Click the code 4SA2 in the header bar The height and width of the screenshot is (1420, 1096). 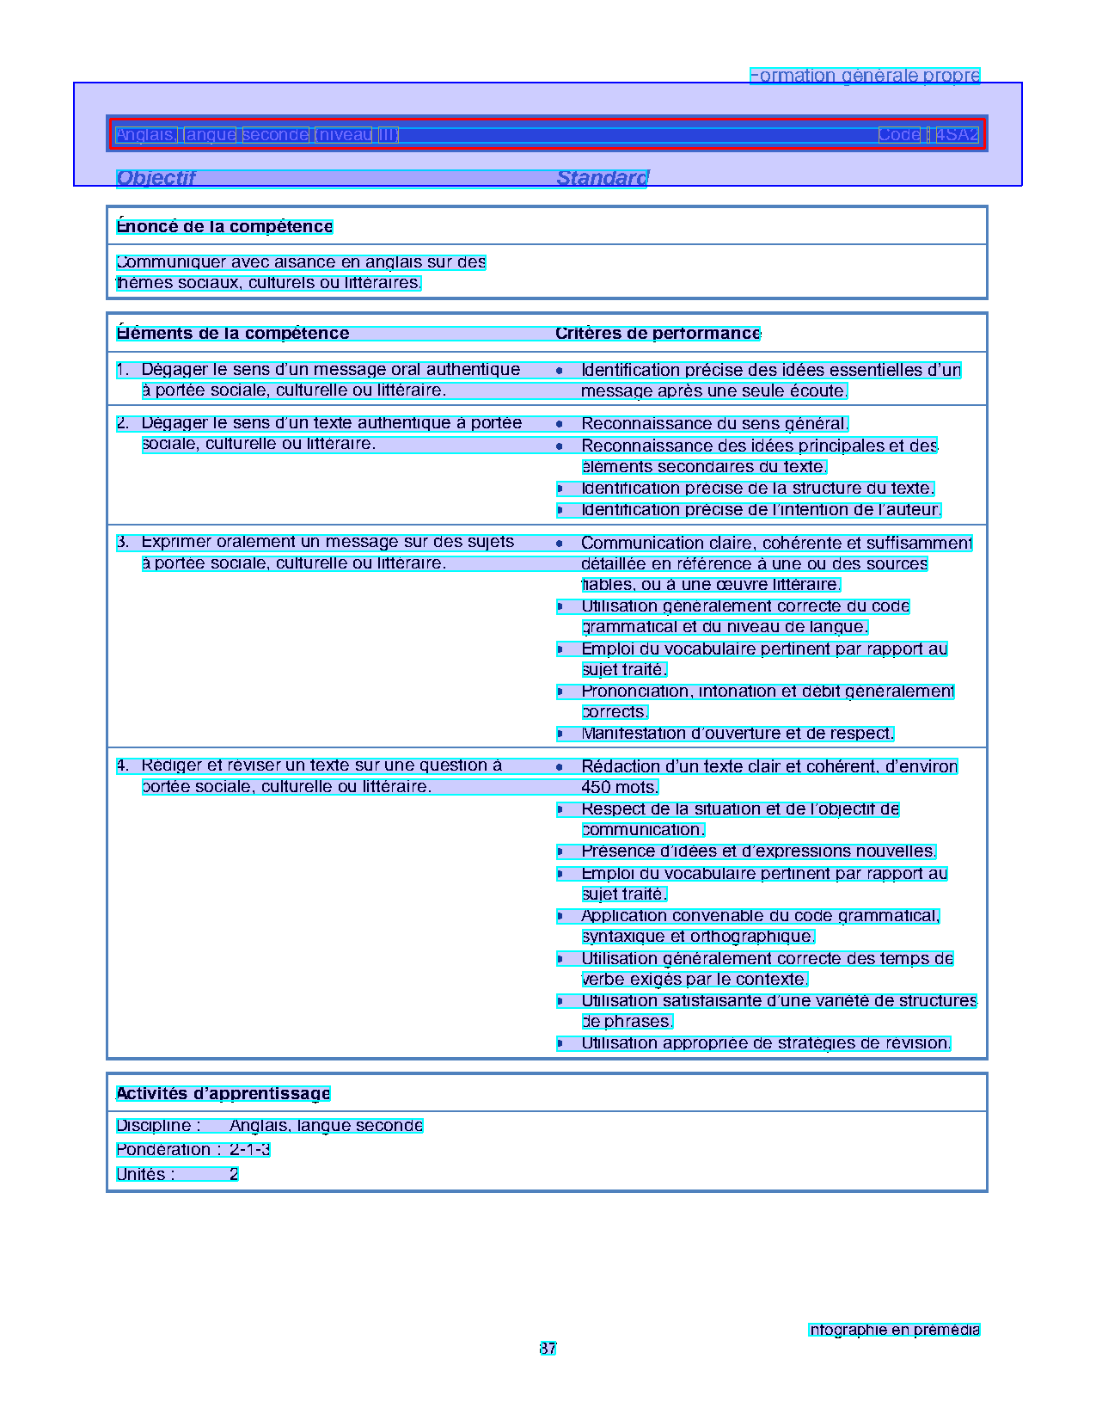(957, 135)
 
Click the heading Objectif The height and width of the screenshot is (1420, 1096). (156, 178)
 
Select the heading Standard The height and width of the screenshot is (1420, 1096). (602, 178)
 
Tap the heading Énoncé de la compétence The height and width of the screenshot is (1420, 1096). (224, 227)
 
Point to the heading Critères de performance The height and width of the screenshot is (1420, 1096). (658, 334)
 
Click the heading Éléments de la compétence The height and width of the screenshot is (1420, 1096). (233, 334)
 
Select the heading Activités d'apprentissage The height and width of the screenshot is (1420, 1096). (223, 1094)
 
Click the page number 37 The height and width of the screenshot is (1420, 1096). (548, 1349)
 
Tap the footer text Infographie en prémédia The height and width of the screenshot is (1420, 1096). (894, 1330)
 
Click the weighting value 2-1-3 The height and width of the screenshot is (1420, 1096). (250, 1150)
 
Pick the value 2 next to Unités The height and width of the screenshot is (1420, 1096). (234, 1175)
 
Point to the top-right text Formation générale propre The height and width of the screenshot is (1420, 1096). (865, 76)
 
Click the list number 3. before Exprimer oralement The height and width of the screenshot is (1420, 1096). (123, 542)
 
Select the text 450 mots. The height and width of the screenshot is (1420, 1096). (620, 788)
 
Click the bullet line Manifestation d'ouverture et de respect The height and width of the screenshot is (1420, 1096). (738, 734)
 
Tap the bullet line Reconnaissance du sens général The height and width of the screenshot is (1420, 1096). (714, 424)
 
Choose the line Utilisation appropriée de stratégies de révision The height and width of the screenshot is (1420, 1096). (766, 1043)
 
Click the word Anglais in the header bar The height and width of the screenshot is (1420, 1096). (146, 135)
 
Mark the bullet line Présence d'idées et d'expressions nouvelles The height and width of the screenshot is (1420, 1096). (758, 851)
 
